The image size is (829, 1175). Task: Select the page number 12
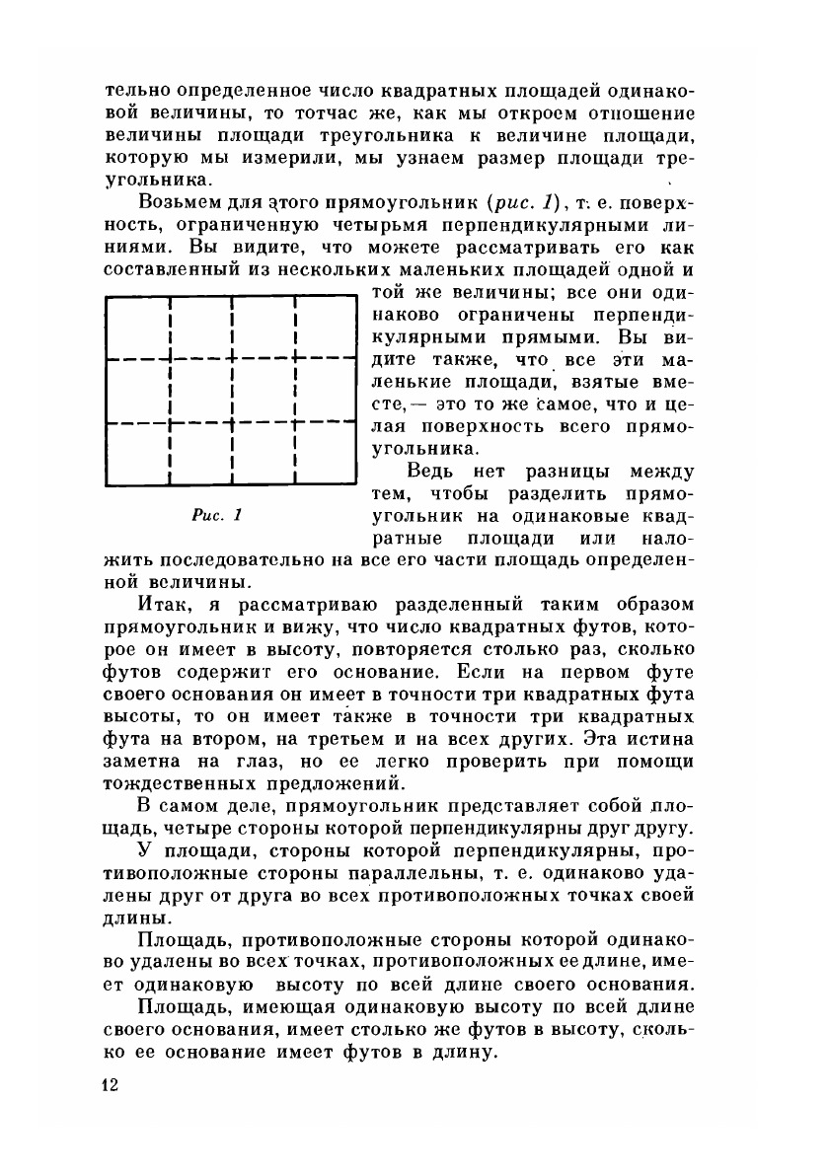[x=111, y=1085]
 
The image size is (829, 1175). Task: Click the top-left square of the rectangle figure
[x=137, y=328]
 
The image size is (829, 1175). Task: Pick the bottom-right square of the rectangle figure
[x=327, y=455]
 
